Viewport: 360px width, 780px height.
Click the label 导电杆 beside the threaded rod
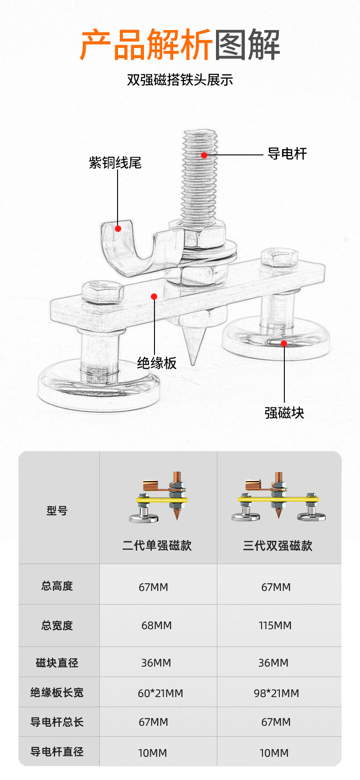pos(287,154)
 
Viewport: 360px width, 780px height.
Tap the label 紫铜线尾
pos(115,163)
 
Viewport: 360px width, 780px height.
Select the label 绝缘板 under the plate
pos(157,363)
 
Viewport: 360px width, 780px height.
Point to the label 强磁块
pos(284,413)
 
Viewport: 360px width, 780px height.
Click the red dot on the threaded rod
pos(204,155)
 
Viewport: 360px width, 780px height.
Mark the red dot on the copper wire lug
pos(118,229)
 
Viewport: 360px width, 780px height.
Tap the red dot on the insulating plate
pos(154,297)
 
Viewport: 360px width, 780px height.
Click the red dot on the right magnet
pos(284,344)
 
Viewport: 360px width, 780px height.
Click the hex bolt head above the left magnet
pos(103,292)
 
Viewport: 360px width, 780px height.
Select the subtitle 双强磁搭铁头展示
pos(180,80)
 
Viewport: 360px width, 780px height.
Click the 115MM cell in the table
pos(275,626)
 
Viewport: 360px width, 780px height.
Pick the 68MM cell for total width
pos(156,626)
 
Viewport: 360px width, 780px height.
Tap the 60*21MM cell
pos(160,693)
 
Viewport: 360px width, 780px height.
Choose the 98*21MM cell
pos(277,693)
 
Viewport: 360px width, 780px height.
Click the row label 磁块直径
pos(57,663)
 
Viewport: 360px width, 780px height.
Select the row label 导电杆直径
pos(57,752)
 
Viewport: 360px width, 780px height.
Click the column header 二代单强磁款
pos(157,545)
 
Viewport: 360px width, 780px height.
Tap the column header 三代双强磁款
pos(278,545)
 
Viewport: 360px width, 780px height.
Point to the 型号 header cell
pos(57,511)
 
